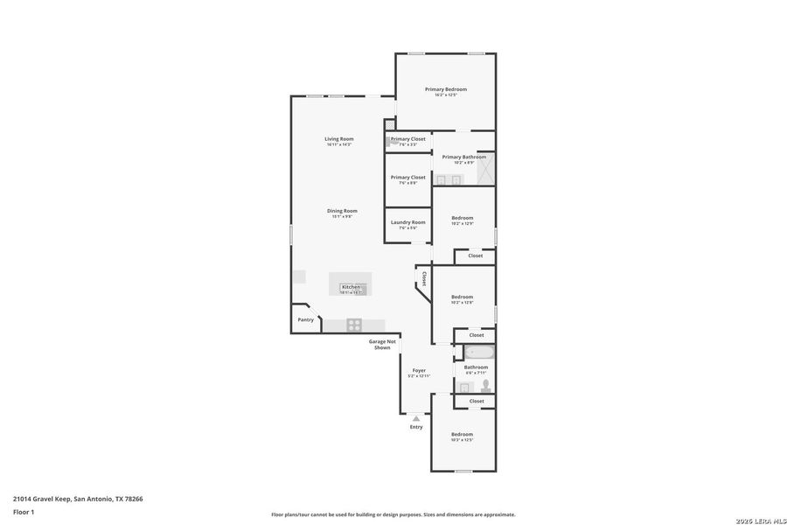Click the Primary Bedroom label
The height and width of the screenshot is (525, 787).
(x=446, y=89)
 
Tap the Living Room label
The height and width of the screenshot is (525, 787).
(x=339, y=139)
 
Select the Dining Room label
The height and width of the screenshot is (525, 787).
(x=342, y=211)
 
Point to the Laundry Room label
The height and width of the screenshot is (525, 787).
(x=407, y=222)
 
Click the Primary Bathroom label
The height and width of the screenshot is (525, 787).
(x=463, y=157)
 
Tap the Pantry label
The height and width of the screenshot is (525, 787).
(x=305, y=319)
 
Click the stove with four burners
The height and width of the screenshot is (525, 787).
(x=354, y=325)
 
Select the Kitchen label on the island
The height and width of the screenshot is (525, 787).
(x=351, y=287)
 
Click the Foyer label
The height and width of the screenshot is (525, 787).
(x=419, y=370)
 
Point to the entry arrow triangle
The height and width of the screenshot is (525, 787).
(x=416, y=418)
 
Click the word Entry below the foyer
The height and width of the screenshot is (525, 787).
(x=416, y=427)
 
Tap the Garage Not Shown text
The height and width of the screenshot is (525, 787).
(x=382, y=344)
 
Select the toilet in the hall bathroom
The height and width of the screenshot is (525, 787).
(x=486, y=386)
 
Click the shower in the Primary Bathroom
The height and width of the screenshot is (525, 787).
(x=485, y=168)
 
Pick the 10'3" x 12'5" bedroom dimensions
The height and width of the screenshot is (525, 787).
(x=462, y=440)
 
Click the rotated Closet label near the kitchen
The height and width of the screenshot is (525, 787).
(x=424, y=278)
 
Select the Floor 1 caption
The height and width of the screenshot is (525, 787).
(x=24, y=512)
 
